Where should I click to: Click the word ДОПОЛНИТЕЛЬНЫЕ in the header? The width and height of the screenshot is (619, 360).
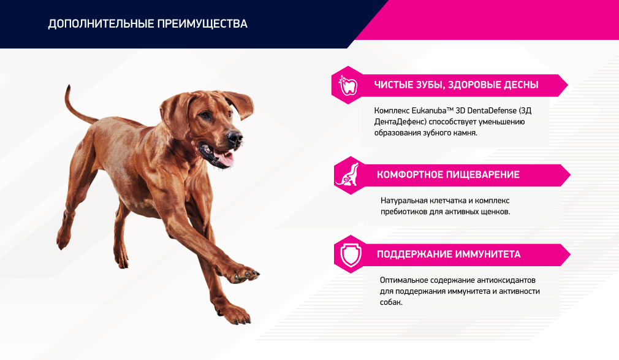pos(101,24)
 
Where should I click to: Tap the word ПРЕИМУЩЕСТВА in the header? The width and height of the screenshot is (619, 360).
pos(202,24)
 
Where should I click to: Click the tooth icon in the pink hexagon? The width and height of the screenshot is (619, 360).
pos(347,85)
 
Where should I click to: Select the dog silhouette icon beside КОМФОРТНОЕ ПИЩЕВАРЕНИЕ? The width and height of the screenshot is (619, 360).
pos(347,175)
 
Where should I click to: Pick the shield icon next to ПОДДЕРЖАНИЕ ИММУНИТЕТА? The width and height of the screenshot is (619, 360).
pos(351,255)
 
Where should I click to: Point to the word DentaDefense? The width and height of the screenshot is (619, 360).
pos(492,110)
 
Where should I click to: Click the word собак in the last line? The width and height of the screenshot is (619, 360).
pos(390,302)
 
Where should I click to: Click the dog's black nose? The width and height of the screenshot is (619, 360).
pos(235,137)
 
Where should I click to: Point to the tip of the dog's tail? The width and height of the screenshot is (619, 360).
pos(69,86)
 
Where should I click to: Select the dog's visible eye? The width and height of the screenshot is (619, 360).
pos(205,115)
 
